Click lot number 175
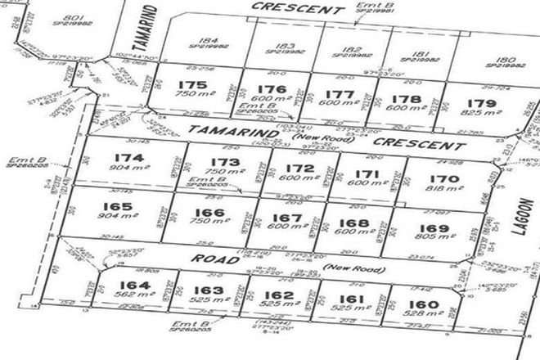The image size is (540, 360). click(195, 84)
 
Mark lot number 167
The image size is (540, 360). click(280, 218)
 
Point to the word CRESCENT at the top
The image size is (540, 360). click(285, 9)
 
